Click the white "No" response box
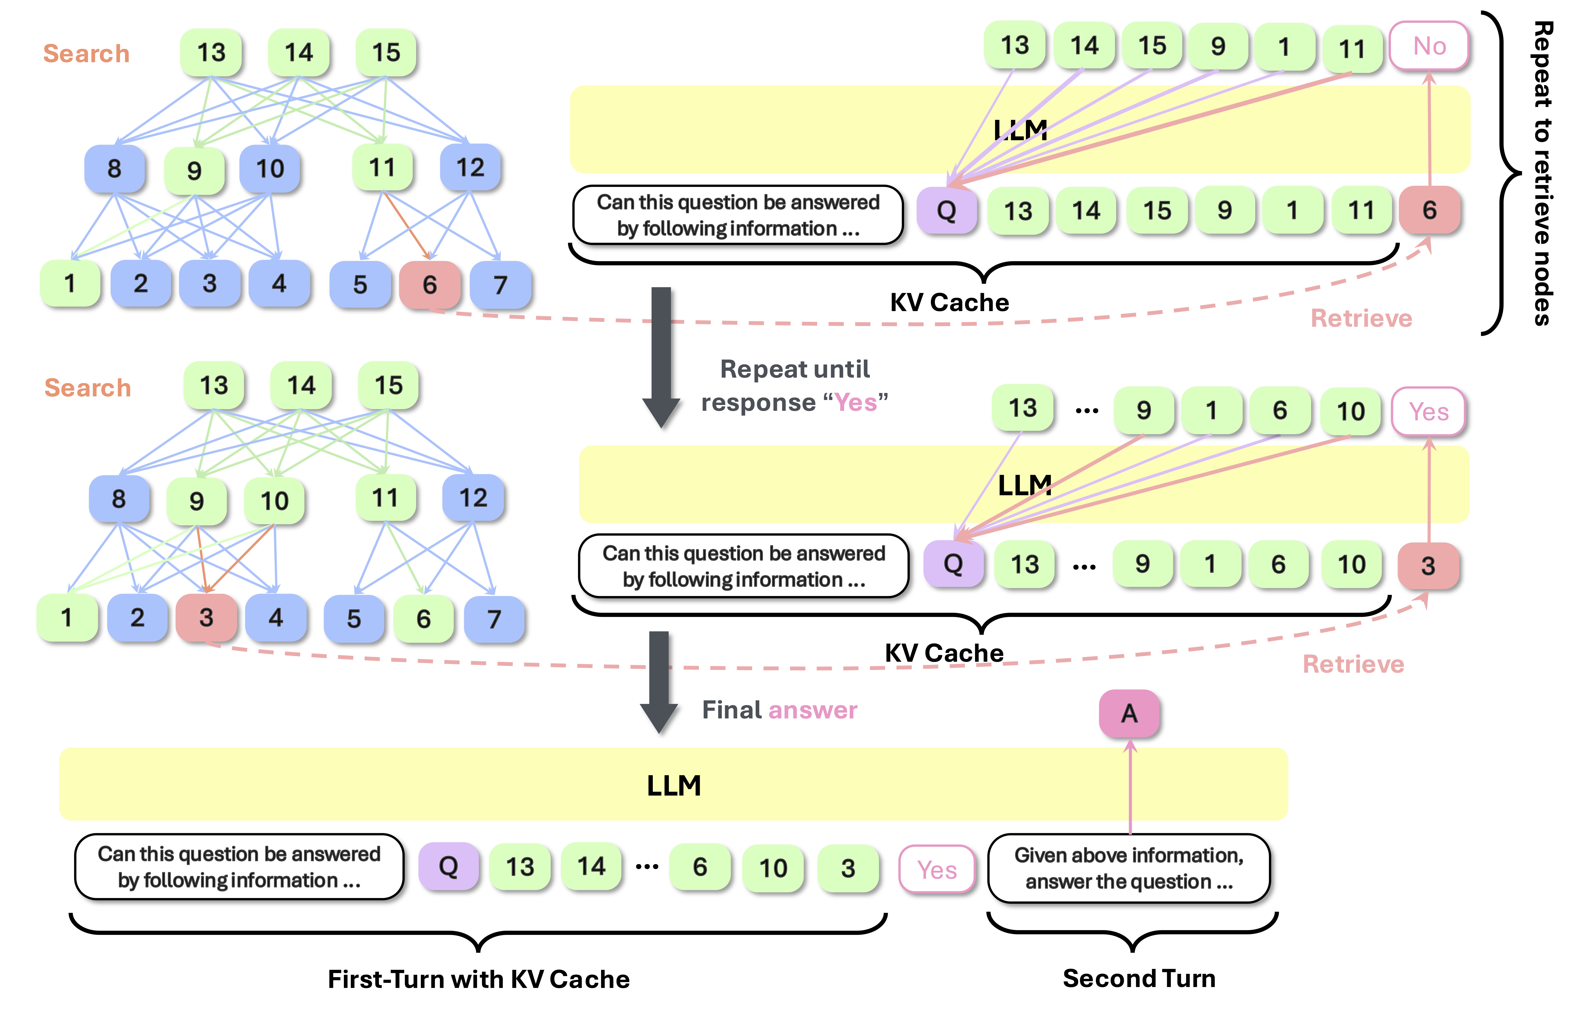1429,46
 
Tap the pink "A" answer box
1129,714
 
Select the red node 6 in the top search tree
430,285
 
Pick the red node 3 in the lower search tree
206,617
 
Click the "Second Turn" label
1139,978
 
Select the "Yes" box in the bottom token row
937,870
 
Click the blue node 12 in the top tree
470,167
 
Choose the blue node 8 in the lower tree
119,499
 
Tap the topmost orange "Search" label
86,53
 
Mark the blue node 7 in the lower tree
494,619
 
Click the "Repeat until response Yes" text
795,385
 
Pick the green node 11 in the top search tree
382,167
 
